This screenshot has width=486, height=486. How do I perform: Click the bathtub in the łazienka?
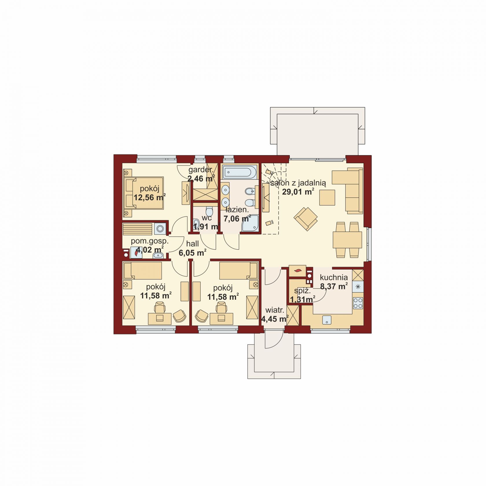(x=240, y=172)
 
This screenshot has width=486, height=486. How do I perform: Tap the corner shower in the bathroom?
(x=250, y=224)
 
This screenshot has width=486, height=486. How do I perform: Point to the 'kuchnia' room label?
(x=334, y=277)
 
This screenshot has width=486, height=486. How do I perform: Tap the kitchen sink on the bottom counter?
(x=327, y=320)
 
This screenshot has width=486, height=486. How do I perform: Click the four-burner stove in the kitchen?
(x=358, y=303)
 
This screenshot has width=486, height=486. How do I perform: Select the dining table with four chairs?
(x=347, y=240)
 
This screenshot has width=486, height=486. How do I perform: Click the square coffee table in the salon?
(x=327, y=198)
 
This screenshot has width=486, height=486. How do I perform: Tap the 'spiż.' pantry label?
(x=302, y=291)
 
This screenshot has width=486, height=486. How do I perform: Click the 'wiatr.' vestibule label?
(x=274, y=310)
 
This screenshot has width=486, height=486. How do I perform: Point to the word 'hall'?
(x=192, y=244)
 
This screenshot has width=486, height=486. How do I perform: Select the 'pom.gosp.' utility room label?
(x=150, y=241)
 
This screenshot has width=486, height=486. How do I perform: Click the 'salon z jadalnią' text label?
(x=298, y=183)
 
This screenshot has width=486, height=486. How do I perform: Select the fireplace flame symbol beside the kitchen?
(x=297, y=271)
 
